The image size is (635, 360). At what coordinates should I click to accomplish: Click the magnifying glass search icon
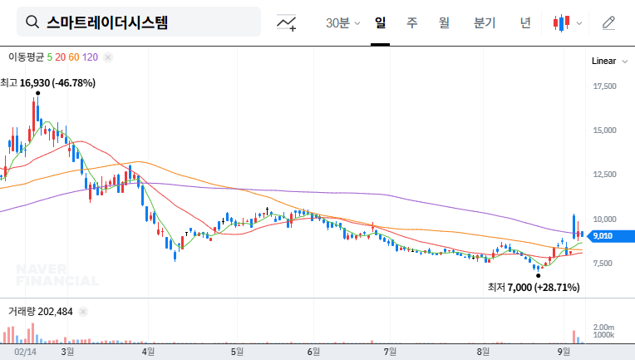32,22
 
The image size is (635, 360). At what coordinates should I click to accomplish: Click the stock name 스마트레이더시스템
107,22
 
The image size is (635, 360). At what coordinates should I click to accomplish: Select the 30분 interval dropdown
342,22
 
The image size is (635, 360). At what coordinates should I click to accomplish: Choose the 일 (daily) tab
380,22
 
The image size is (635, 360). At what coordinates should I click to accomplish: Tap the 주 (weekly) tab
412,22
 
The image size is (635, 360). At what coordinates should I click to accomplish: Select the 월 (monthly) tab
444,22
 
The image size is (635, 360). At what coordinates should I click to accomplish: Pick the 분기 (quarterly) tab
484,22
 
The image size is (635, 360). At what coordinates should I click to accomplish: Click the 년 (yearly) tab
525,22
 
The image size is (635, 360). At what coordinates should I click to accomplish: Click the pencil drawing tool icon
609,22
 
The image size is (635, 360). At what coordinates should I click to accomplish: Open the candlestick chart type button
566,22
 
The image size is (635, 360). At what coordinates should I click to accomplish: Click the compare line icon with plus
287,23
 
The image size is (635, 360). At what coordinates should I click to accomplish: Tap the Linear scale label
603,62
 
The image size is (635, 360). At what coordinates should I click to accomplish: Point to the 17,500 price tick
604,86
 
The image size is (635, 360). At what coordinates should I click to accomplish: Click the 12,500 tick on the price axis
604,175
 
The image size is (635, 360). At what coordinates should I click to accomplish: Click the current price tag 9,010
603,236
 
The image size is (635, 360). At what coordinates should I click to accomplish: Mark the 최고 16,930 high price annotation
48,82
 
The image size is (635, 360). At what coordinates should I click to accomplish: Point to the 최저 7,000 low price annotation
534,287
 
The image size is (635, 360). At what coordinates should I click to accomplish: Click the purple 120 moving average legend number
91,57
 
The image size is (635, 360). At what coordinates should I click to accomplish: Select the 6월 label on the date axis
313,352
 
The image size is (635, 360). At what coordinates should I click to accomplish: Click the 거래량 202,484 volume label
41,312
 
